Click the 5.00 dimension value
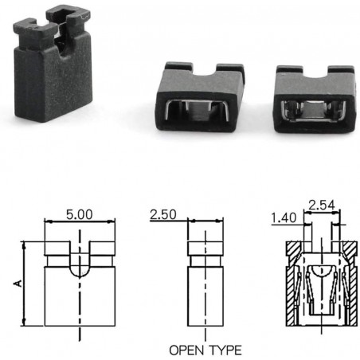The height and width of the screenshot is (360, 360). tap(80, 214)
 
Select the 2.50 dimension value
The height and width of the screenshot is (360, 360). tap(162, 216)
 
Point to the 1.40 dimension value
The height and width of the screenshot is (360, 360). tap(283, 217)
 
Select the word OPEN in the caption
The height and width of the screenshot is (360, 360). tap(187, 350)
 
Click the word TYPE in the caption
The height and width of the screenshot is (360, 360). tap(225, 350)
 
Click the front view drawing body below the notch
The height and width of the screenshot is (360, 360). tap(80, 303)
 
